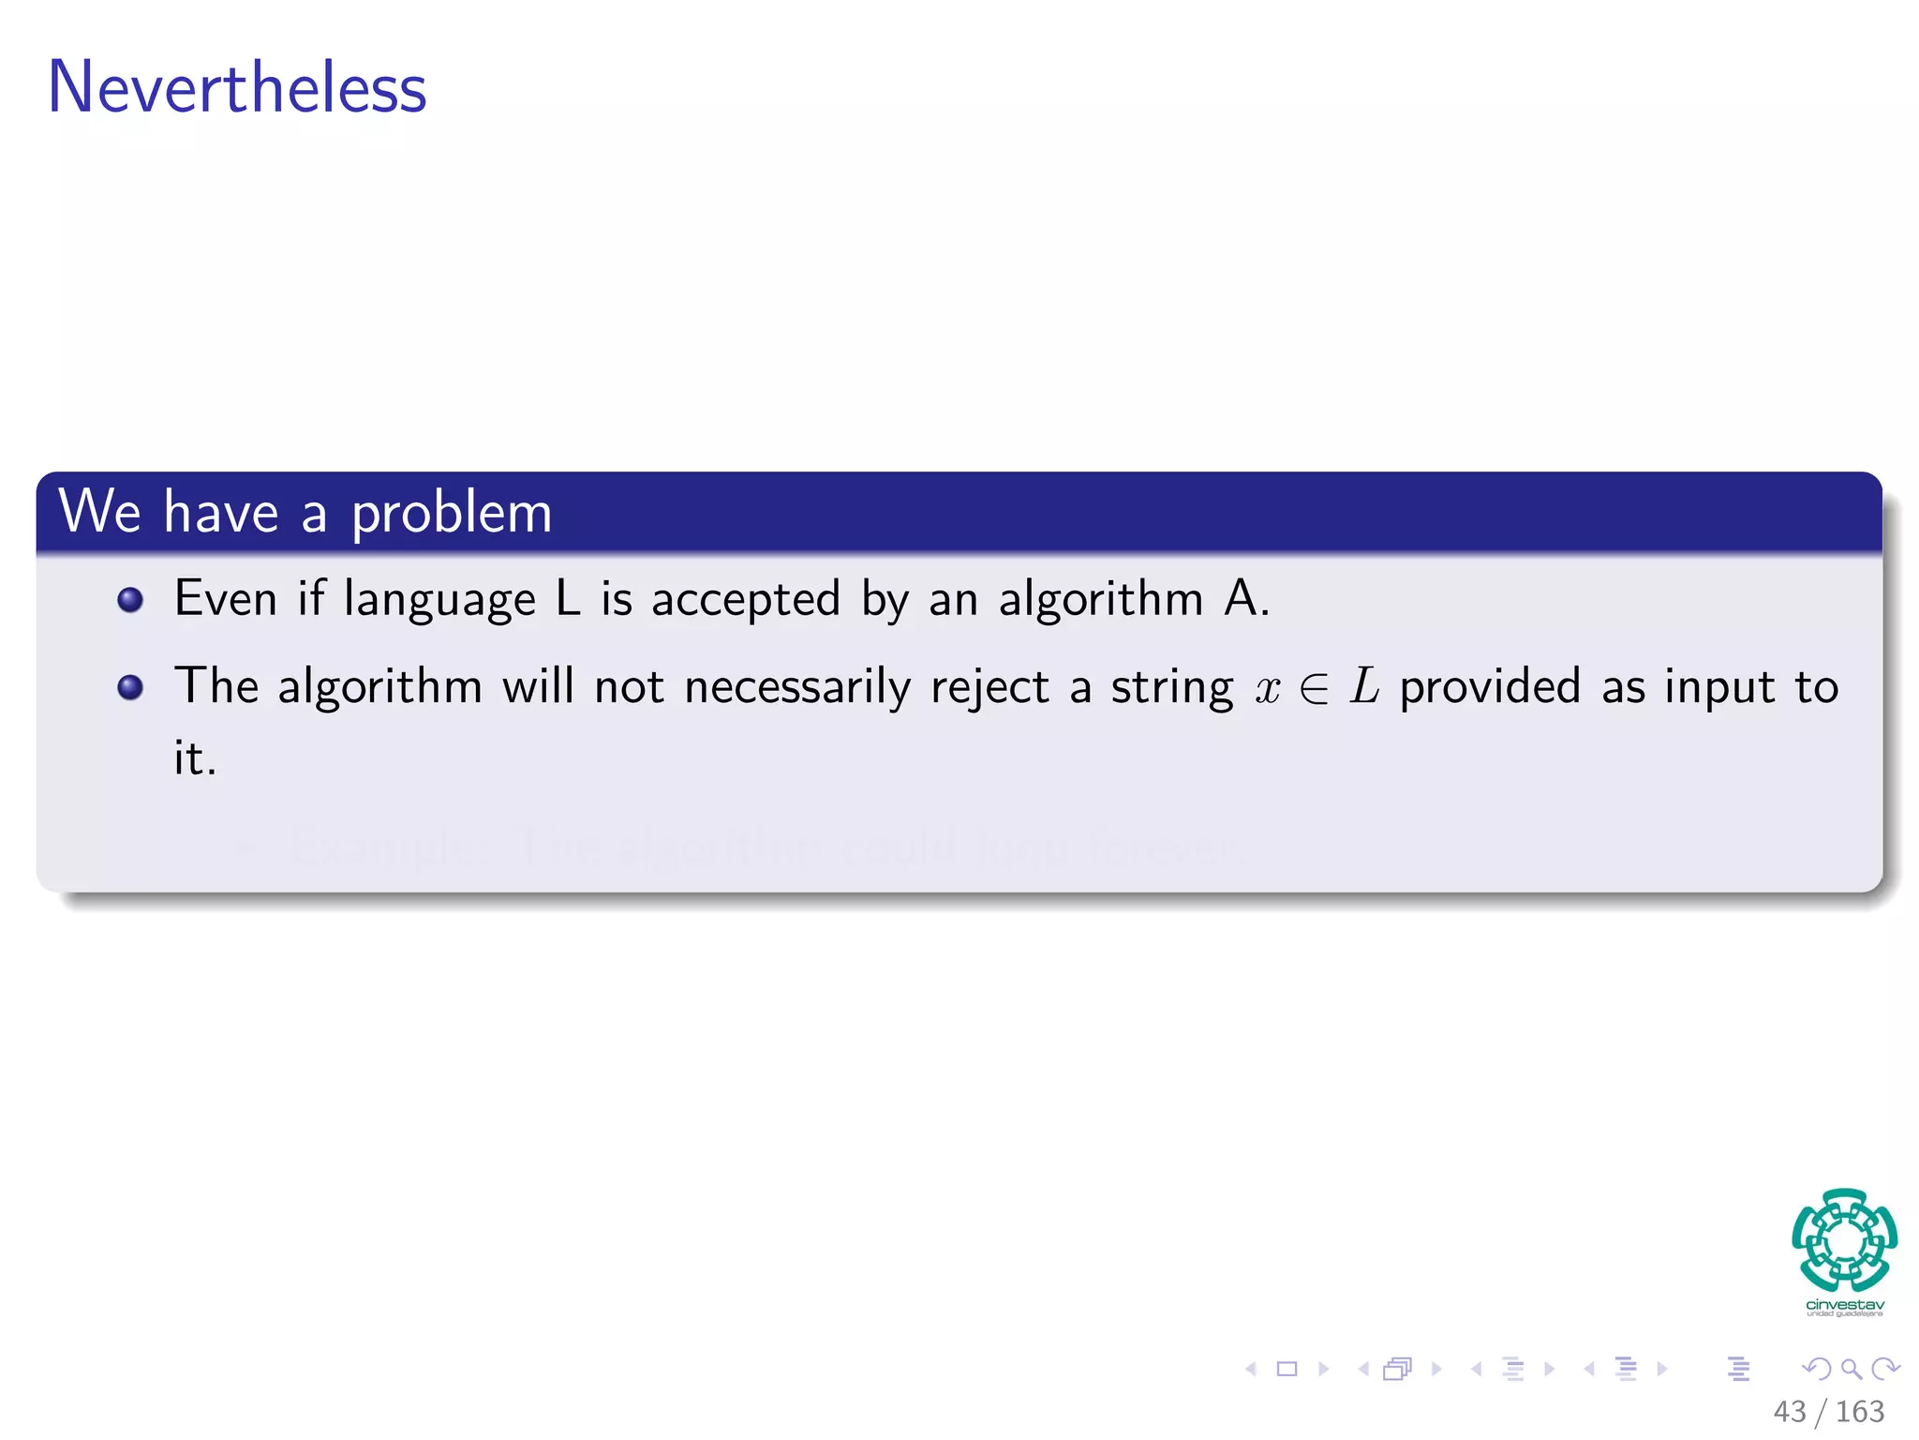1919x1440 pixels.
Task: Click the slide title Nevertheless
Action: [237, 87]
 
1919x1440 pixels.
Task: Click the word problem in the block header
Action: [452, 514]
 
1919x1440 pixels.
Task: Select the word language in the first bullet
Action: [439, 600]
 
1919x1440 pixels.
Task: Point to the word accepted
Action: [746, 600]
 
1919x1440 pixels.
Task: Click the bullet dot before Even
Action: [130, 600]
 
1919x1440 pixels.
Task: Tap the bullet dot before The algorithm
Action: [130, 688]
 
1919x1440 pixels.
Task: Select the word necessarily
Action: [797, 688]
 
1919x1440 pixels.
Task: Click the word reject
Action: [989, 688]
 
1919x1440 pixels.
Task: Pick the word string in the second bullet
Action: [1172, 688]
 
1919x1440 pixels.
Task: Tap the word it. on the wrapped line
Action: [195, 757]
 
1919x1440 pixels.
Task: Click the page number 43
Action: [1789, 1411]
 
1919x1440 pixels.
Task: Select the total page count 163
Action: [1859, 1411]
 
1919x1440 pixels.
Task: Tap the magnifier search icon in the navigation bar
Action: [1851, 1369]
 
